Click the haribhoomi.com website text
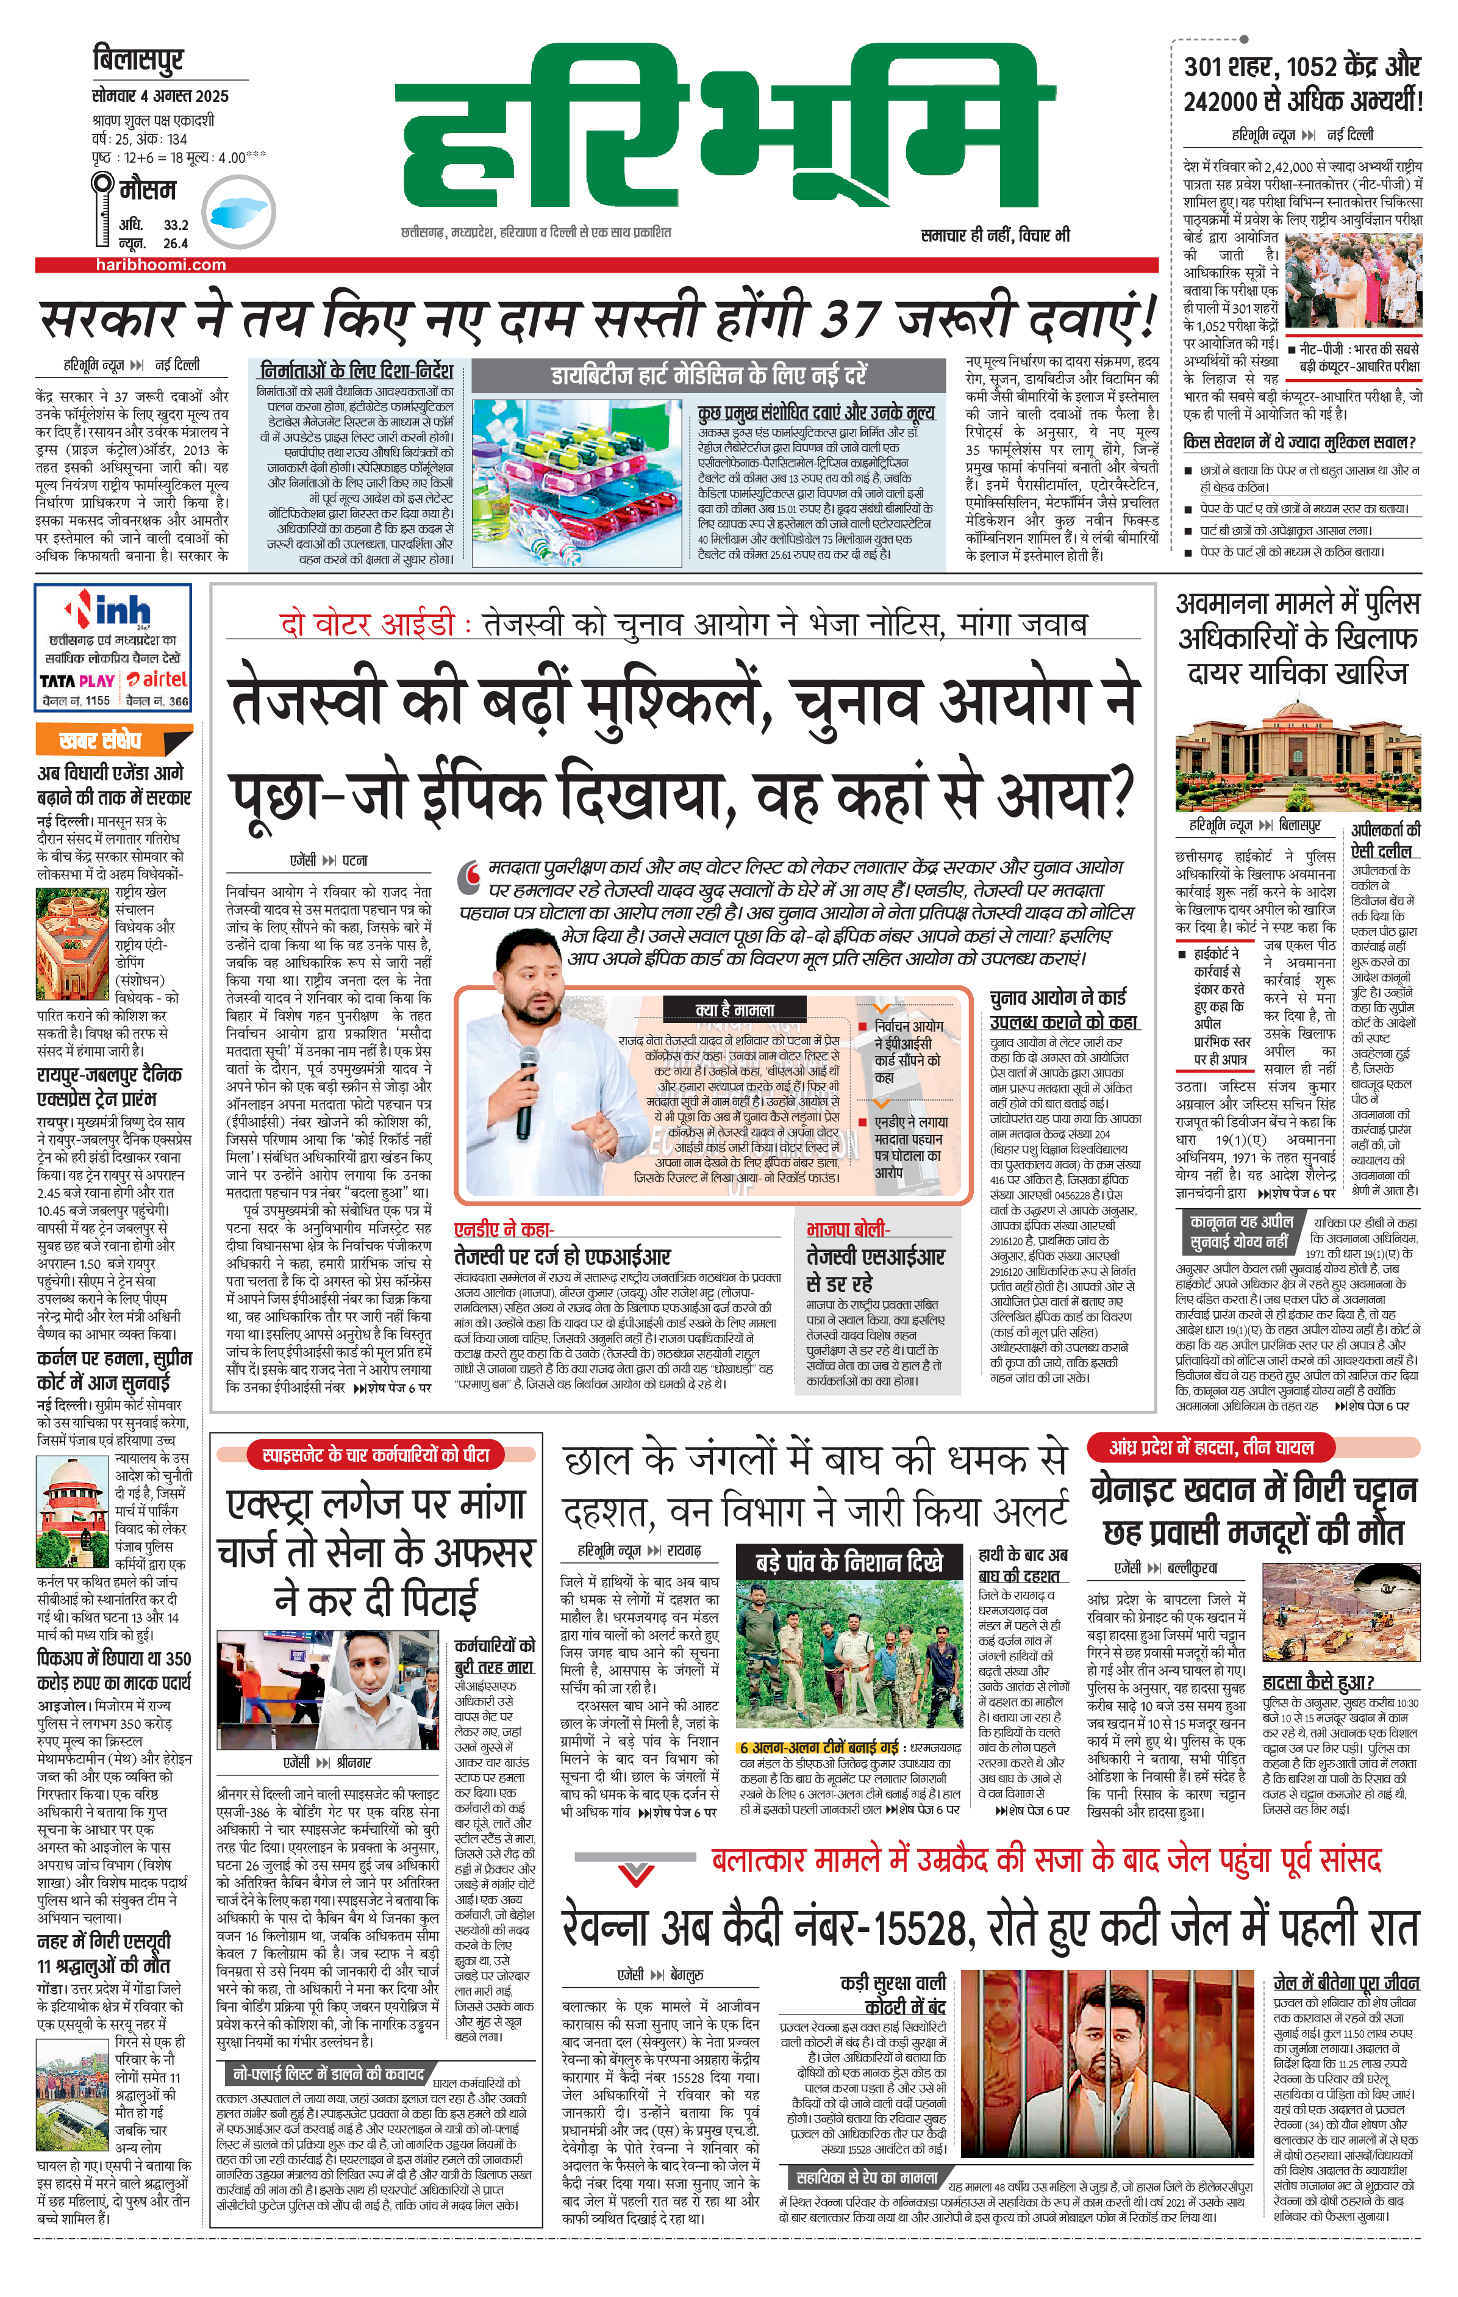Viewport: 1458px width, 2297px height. point(160,265)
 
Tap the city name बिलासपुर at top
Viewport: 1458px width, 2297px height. point(138,59)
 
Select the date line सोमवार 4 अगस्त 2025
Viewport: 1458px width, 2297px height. point(160,96)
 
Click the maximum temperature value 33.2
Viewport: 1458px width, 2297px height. point(176,225)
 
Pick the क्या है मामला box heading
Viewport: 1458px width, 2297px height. point(734,1008)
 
